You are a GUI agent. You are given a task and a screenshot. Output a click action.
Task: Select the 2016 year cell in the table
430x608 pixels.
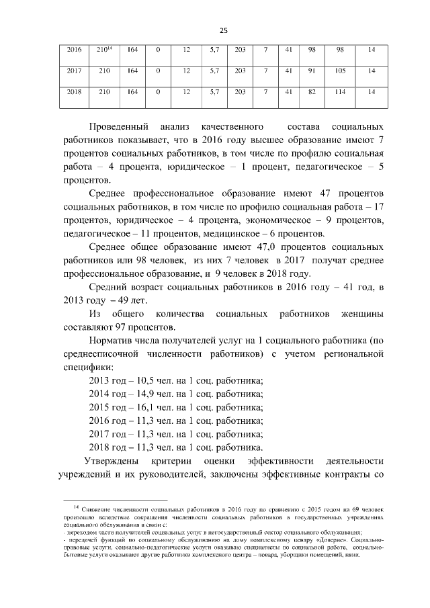[x=75, y=50]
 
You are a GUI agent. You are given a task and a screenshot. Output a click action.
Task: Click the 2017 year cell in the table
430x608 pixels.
[x=75, y=71]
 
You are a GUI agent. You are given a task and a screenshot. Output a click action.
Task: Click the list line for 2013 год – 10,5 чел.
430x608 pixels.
[x=176, y=380]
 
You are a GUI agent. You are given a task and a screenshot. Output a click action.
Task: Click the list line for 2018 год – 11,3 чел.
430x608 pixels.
[x=176, y=447]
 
